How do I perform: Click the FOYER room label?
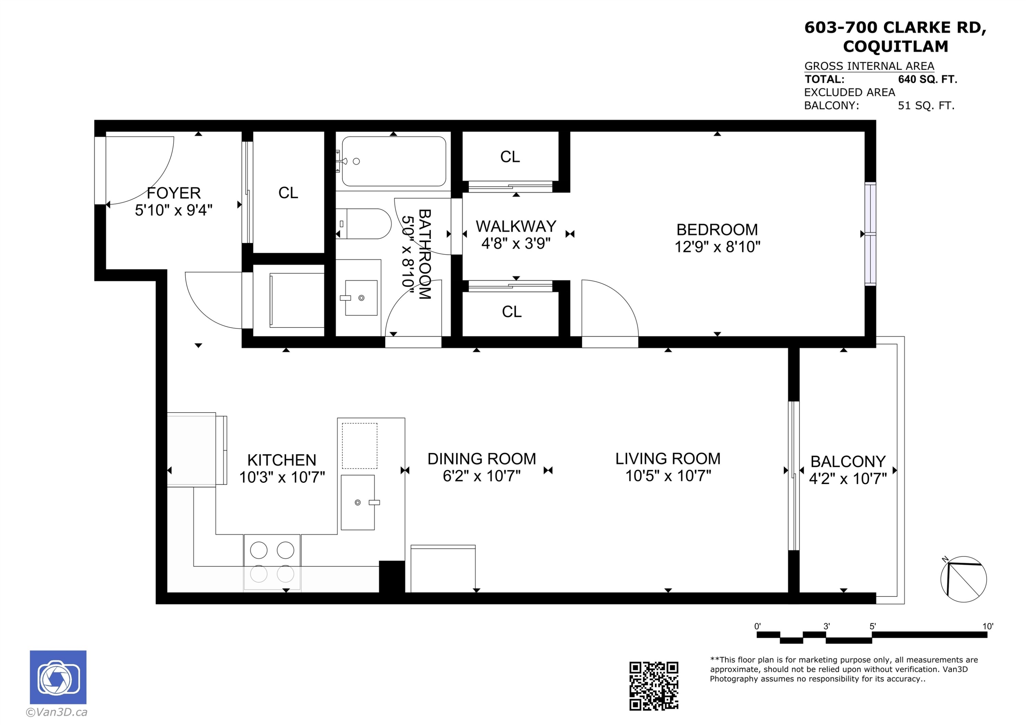[173, 193]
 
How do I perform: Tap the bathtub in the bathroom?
[394, 161]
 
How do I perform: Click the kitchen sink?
[357, 502]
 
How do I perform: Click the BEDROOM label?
[717, 230]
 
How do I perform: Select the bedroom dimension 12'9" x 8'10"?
[717, 246]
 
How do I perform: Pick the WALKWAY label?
[516, 227]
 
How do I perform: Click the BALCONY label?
[848, 461]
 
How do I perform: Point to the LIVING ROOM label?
[668, 459]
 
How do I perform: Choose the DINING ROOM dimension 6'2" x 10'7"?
[482, 476]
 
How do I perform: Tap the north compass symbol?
[963, 579]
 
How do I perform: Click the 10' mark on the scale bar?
[988, 626]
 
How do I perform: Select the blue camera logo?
[58, 677]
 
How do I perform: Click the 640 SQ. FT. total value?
[927, 80]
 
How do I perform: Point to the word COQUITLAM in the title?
[895, 46]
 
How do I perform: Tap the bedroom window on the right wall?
[870, 233]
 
